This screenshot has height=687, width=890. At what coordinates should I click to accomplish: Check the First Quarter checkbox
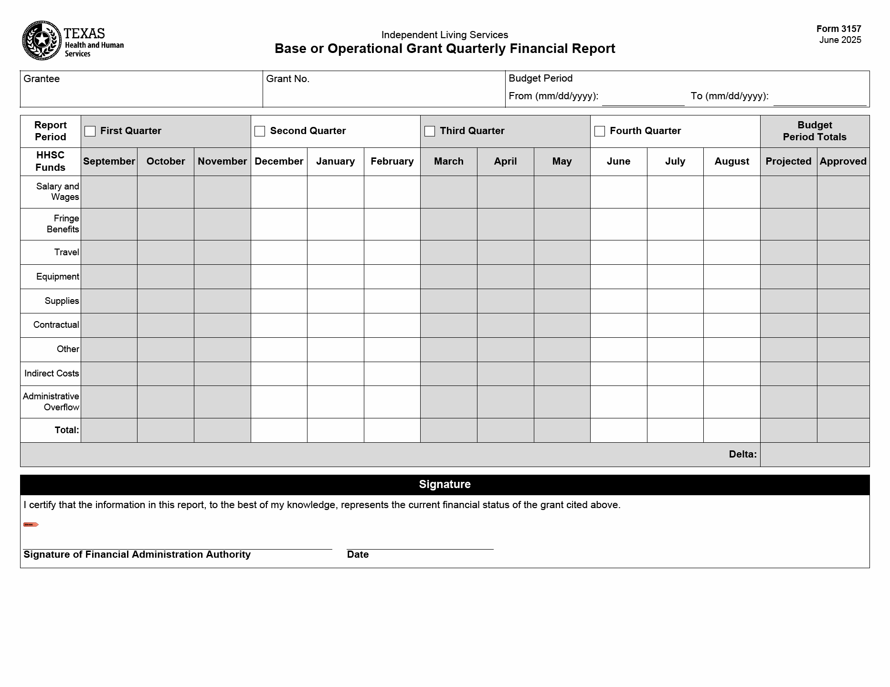pos(90,131)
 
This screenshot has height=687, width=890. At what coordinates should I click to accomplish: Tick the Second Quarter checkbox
pos(260,131)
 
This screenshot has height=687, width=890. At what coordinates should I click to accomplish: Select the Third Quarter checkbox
pos(430,131)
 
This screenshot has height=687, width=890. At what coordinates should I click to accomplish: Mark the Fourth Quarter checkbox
pos(600,131)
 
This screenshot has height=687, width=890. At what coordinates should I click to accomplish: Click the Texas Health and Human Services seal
pos(42,41)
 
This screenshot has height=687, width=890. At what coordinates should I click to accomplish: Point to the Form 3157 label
pos(838,29)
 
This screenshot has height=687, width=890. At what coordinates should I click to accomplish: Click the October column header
pos(166,161)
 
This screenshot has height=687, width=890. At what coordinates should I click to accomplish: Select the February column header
pos(392,161)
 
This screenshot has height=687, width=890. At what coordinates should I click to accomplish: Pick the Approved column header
pos(843,161)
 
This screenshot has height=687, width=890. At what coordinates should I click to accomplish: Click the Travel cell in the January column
pos(335,252)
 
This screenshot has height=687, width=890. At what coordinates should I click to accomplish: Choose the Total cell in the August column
pos(731,430)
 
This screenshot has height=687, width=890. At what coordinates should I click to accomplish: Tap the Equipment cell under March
pos(448,277)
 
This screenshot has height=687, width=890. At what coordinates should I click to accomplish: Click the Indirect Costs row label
pos(52,374)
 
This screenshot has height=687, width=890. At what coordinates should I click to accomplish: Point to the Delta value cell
pos(815,455)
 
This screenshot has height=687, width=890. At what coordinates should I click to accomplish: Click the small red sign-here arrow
pos(31,525)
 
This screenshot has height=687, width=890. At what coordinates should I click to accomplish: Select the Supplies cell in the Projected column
pos(788,301)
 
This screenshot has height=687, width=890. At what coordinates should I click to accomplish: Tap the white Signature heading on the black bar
pos(445,485)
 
